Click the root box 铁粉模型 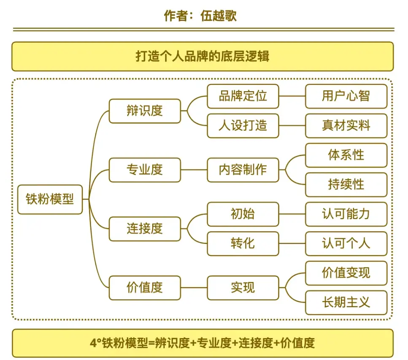(x=50, y=199)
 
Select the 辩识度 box (x=145, y=111)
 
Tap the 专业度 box (x=145, y=170)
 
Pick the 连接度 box (x=145, y=229)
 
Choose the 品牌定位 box (x=243, y=96)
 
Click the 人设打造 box (x=243, y=126)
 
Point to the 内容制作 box (x=243, y=170)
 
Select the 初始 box (x=243, y=214)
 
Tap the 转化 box (x=243, y=244)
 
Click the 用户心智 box (x=346, y=96)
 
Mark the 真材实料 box (x=346, y=126)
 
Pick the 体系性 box (x=346, y=155)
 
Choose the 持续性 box (x=346, y=184)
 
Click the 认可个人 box (x=346, y=244)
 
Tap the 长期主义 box (x=346, y=303)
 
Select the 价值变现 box (x=346, y=273)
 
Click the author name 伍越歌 (x=219, y=16)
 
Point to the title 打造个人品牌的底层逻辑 (x=203, y=56)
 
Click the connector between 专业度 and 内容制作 (x=194, y=170)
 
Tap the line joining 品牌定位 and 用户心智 (x=292, y=96)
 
